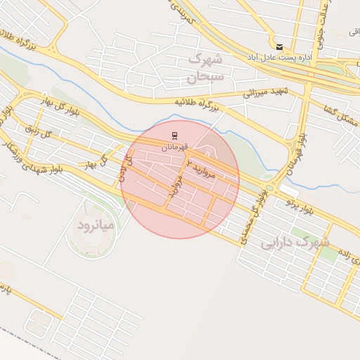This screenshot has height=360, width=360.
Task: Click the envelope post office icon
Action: click(x=280, y=46)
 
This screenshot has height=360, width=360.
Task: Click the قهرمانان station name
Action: click(x=174, y=146)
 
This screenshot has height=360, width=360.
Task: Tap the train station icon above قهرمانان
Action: click(x=174, y=134)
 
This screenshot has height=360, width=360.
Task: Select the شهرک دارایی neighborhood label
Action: click(x=295, y=243)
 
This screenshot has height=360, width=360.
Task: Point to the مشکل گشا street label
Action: click(x=340, y=117)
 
